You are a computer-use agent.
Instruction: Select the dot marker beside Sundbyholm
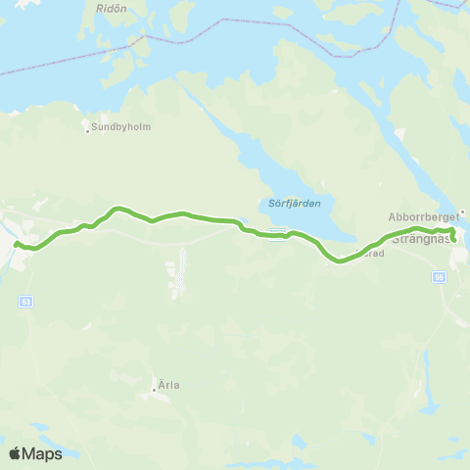[87, 129]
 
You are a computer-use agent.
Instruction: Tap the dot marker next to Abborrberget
[462, 211]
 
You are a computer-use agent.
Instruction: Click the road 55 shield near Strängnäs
[440, 277]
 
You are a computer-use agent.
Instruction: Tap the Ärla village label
[169, 385]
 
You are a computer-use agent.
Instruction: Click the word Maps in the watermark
[44, 453]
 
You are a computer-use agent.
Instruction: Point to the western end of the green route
[17, 242]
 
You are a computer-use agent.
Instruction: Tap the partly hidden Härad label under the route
[374, 253]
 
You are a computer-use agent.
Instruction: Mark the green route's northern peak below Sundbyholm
[117, 208]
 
